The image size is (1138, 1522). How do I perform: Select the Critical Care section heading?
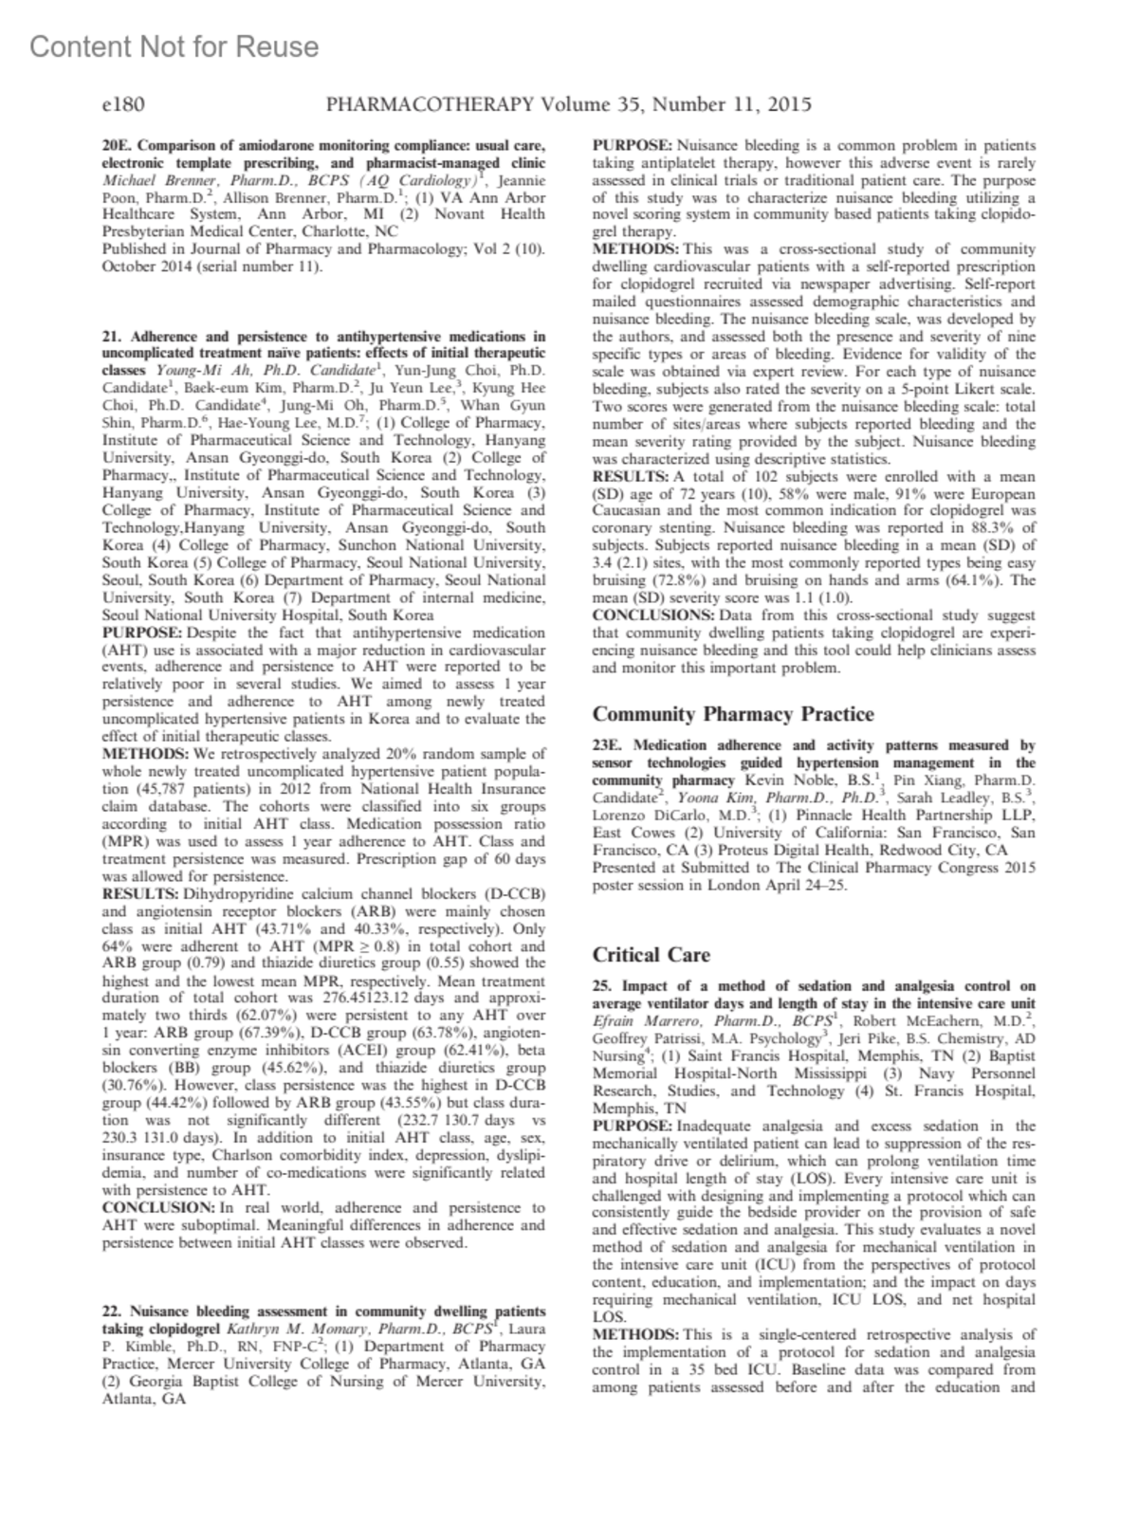coord(651,955)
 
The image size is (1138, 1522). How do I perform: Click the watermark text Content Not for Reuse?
coord(174,46)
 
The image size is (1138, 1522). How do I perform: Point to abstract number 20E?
coord(115,146)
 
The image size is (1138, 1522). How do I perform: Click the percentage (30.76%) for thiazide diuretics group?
coord(133,1085)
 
